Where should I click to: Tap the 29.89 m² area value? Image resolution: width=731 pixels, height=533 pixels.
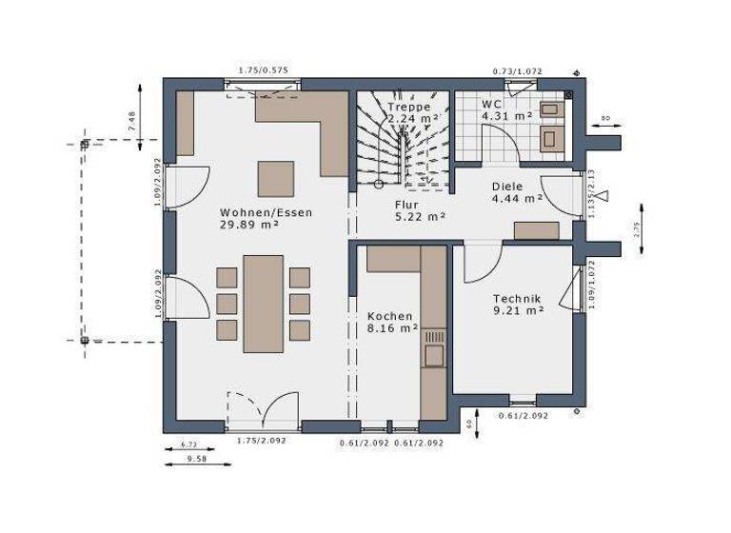tap(249, 226)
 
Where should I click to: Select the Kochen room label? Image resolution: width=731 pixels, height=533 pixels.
tap(390, 316)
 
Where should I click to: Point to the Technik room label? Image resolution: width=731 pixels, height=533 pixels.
tap(517, 298)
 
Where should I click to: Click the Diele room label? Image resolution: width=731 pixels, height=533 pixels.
tap(508, 187)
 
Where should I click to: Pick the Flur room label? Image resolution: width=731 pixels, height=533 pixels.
tap(408, 204)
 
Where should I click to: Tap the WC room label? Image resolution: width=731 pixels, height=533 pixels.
tap(492, 103)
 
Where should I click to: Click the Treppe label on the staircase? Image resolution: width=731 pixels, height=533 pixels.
tap(407, 107)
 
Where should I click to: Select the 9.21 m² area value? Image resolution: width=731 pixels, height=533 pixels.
tap(518, 310)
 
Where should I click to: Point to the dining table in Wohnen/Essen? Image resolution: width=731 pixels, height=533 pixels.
tap(263, 303)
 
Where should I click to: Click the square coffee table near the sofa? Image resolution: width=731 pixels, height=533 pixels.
tap(276, 178)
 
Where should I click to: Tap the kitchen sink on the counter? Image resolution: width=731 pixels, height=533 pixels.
tap(434, 354)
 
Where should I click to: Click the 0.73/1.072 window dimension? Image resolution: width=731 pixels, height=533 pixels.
tap(516, 71)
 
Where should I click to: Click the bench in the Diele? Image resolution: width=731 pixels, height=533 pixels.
tap(537, 229)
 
